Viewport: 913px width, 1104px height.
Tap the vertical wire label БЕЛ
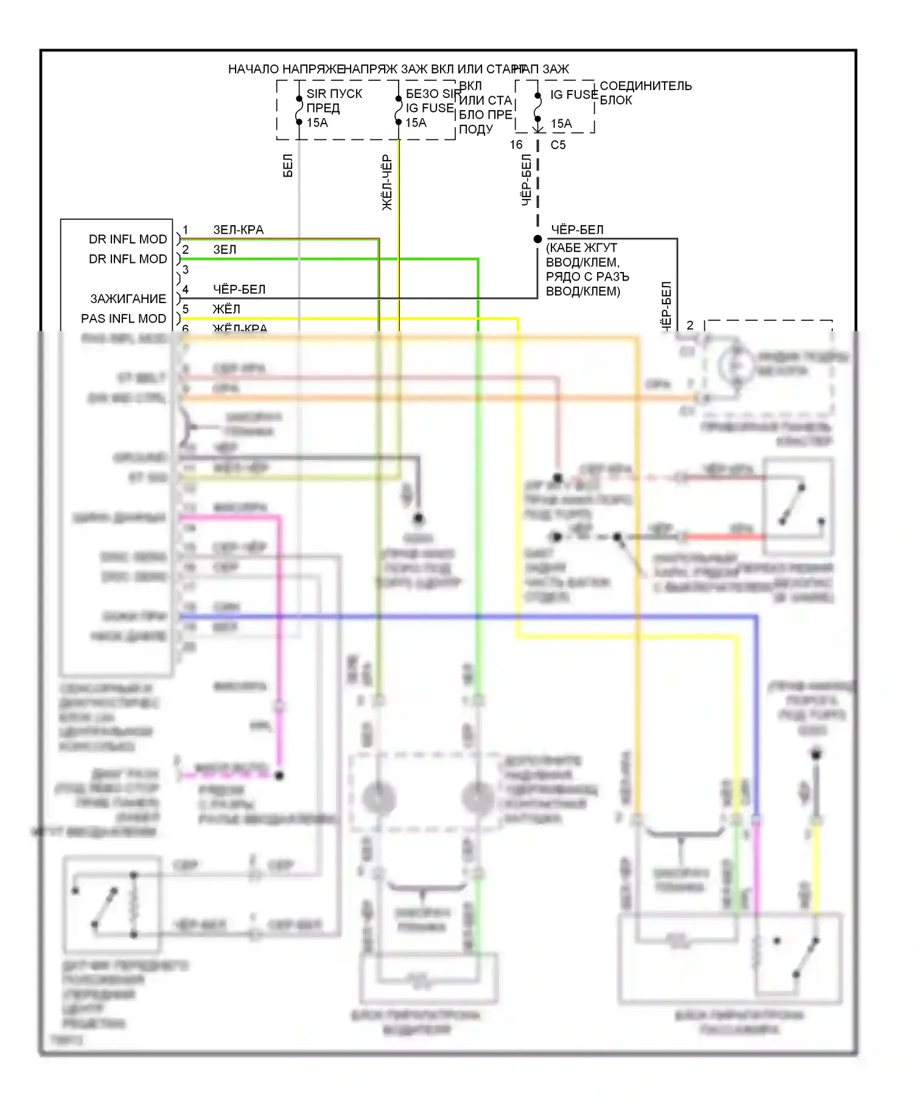tap(288, 166)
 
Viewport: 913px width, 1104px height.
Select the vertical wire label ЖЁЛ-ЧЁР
tap(387, 183)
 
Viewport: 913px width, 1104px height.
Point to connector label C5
tap(558, 145)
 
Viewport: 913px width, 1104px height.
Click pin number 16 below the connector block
tap(516, 145)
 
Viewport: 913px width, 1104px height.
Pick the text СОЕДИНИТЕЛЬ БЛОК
tap(645, 93)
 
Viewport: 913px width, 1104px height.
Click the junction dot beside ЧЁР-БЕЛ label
tap(537, 239)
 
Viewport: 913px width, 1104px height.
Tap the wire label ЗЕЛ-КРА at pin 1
tap(238, 230)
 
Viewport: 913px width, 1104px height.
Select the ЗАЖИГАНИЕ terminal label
tap(128, 299)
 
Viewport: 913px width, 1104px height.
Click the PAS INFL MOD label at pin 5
tap(124, 319)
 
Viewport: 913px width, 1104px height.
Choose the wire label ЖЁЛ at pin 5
tap(226, 309)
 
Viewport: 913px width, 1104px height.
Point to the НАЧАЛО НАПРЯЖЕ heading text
tap(286, 69)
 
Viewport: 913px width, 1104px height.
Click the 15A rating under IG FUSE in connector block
tap(561, 124)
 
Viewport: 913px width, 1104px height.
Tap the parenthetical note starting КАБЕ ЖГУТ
tap(587, 270)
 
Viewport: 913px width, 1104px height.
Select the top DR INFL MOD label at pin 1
tap(128, 239)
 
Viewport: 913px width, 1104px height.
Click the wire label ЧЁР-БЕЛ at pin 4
tap(239, 290)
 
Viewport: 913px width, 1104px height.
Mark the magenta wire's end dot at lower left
tap(279, 776)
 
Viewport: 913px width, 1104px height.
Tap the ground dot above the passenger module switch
tap(816, 755)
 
